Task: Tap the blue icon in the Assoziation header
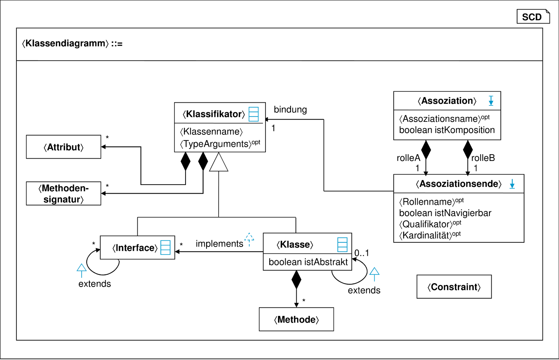coord(490,100)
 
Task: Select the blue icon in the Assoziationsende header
coord(512,184)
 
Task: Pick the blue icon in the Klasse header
coord(339,244)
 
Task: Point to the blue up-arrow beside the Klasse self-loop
coord(375,275)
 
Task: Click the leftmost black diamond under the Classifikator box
coord(185,161)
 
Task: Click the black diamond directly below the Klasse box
coord(296,280)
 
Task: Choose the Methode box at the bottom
coord(296,319)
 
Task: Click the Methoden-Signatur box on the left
coord(64,193)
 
